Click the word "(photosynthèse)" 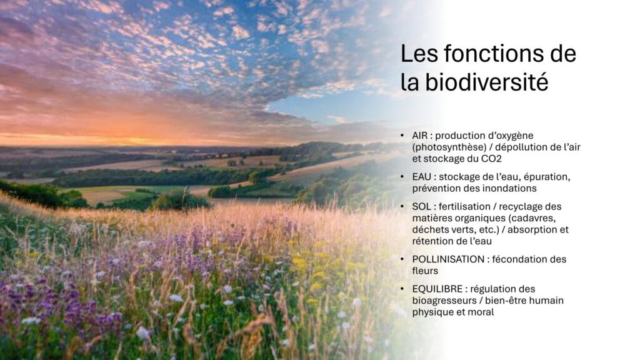coord(449,147)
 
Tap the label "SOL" coord(421,206)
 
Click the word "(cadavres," coord(532,218)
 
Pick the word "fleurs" coord(425,271)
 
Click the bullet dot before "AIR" coord(402,135)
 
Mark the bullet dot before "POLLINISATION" coord(402,259)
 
